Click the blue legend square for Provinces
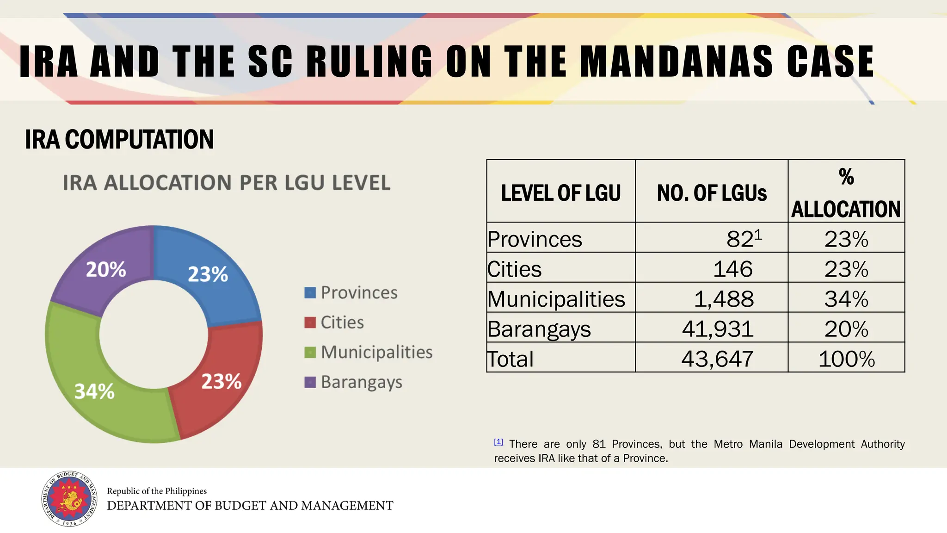pyautogui.click(x=310, y=293)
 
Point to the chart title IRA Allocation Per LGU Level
pyautogui.click(x=227, y=183)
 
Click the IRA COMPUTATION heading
pyautogui.click(x=119, y=139)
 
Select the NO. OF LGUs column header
pyautogui.click(x=712, y=193)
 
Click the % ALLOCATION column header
pyautogui.click(x=846, y=193)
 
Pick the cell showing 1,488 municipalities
pyautogui.click(x=724, y=299)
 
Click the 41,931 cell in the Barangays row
pyautogui.click(x=718, y=329)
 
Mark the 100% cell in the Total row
pyautogui.click(x=846, y=359)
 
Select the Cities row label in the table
pyautogui.click(x=514, y=269)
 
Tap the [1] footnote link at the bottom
pyautogui.click(x=498, y=442)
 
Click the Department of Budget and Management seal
pyautogui.click(x=69, y=499)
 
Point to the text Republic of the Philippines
pyautogui.click(x=157, y=491)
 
